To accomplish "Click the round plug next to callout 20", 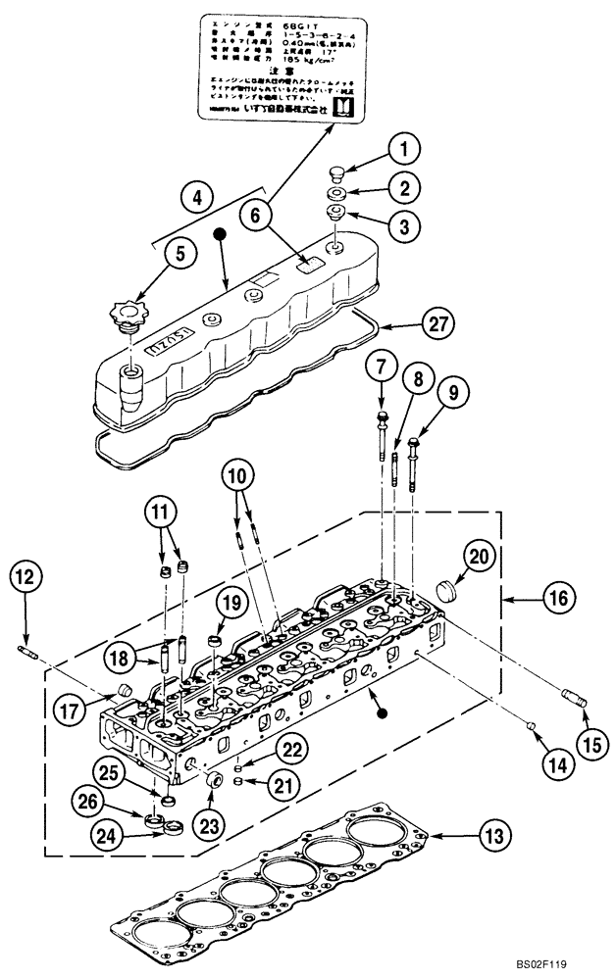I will (446, 590).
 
